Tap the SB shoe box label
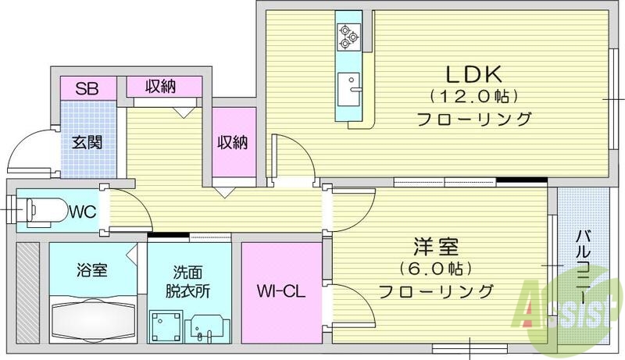pos(86,87)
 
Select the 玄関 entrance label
pos(87,143)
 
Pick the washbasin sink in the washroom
pos(207,326)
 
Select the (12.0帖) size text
pos(473,98)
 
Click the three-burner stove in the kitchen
pos(346,34)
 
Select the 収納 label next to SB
pos(161,86)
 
